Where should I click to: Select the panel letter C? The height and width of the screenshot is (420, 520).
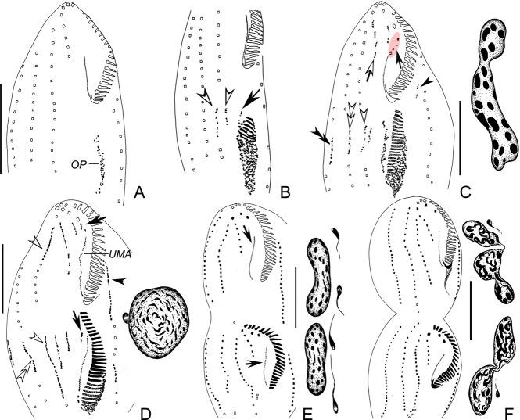point(447,191)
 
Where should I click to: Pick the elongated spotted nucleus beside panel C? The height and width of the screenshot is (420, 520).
point(497,93)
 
